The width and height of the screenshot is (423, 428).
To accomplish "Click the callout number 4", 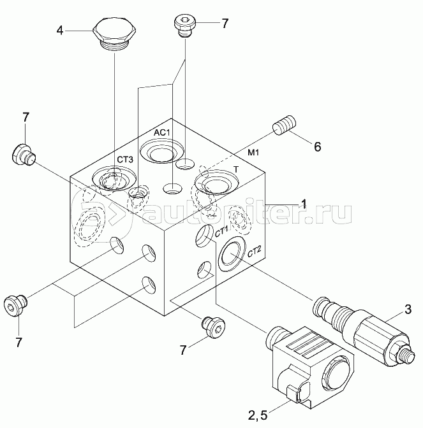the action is pyautogui.click(x=60, y=31).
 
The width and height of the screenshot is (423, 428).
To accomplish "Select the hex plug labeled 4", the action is pyautogui.click(x=114, y=34).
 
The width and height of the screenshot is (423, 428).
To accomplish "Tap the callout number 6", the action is pyautogui.click(x=317, y=147).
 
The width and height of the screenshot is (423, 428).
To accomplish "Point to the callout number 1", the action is pyautogui.click(x=304, y=204).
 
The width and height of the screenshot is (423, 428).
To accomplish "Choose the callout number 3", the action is pyautogui.click(x=408, y=310).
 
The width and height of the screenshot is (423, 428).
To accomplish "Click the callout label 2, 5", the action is pyautogui.click(x=258, y=415).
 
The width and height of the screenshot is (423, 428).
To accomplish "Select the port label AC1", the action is pyautogui.click(x=161, y=133).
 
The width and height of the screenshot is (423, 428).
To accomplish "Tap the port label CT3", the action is pyautogui.click(x=125, y=159).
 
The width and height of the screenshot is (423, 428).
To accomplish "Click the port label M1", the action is pyautogui.click(x=253, y=153).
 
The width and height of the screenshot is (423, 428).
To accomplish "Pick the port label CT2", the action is pyautogui.click(x=255, y=252).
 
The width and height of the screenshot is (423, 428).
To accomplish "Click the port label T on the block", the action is pyautogui.click(x=237, y=169).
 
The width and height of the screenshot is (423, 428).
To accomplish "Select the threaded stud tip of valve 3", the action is pyautogui.click(x=408, y=356).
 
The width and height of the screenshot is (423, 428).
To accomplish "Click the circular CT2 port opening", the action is pyautogui.click(x=231, y=254).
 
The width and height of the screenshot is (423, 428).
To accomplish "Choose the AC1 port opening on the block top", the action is pyautogui.click(x=162, y=152).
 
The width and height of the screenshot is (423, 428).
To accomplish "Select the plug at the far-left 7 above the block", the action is pyautogui.click(x=24, y=155).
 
